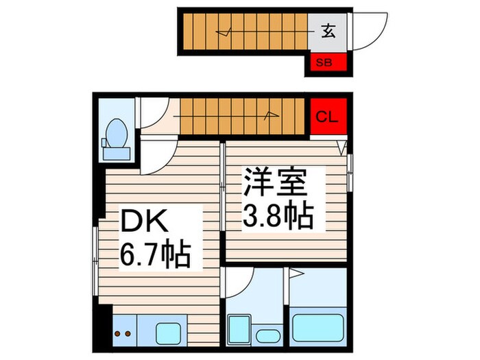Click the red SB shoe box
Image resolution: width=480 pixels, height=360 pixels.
[326, 62]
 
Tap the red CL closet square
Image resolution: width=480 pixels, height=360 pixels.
[326, 117]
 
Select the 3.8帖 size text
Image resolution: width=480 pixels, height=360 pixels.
[276, 217]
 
